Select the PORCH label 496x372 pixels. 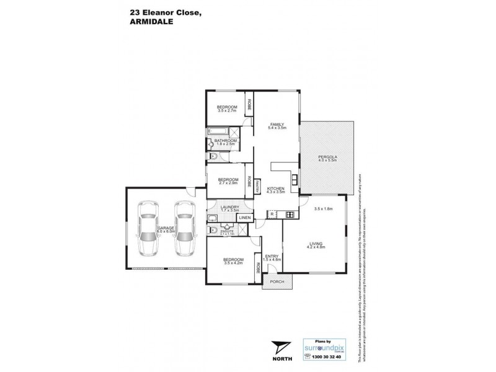click(277, 281)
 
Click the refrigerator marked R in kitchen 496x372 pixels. click(272, 214)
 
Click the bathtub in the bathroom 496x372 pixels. click(218, 132)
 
